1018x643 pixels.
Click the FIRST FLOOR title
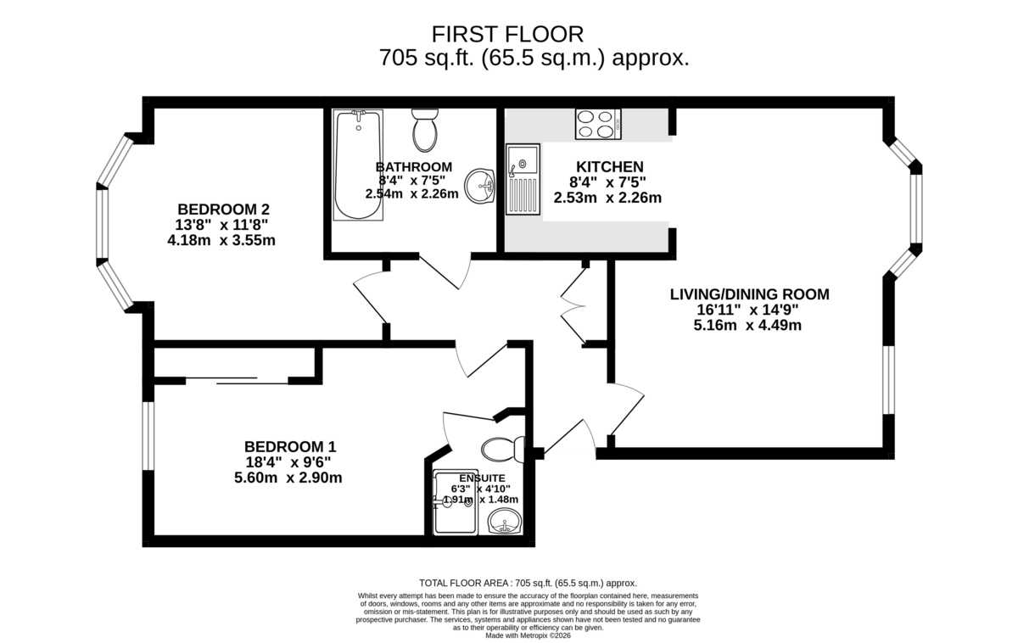[x=507, y=35]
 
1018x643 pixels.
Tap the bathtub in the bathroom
[x=358, y=165]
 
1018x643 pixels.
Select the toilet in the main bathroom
[x=425, y=130]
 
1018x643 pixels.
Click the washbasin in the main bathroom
[x=480, y=186]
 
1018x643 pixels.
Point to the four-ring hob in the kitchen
[x=598, y=124]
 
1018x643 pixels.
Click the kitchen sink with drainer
[x=523, y=179]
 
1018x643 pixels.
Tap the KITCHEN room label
[x=610, y=167]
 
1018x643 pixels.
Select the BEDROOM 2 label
[x=224, y=210]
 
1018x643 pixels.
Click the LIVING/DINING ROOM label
[x=750, y=294]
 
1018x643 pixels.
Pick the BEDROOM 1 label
[x=290, y=447]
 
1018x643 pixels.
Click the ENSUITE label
[x=482, y=478]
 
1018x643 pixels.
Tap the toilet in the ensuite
[x=503, y=449]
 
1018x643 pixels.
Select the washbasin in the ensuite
[x=505, y=521]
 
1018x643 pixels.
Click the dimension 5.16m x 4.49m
[x=747, y=326]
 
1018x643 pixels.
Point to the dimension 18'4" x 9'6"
[x=288, y=462]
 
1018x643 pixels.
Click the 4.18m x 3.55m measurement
[x=221, y=240]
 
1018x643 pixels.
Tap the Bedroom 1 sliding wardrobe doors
[x=237, y=381]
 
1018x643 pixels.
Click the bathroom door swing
[x=445, y=272]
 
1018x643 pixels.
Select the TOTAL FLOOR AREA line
[x=528, y=583]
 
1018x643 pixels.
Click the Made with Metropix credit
[x=528, y=635]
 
